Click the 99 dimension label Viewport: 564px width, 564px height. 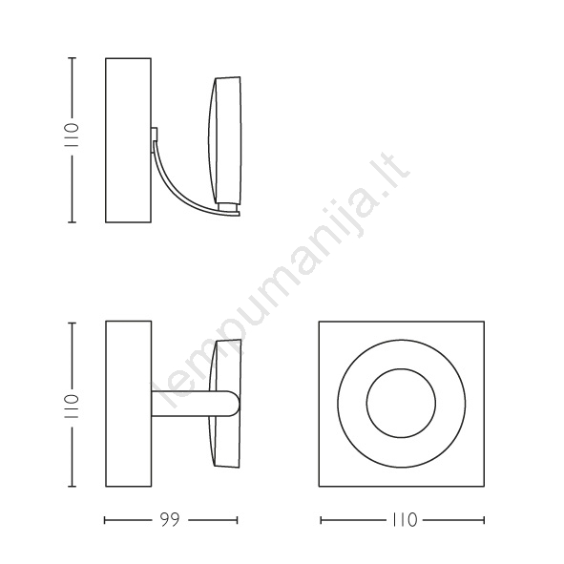170,520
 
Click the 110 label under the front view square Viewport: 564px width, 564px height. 405,520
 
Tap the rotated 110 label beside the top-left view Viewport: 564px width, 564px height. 71,136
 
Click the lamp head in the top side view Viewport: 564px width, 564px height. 225,140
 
